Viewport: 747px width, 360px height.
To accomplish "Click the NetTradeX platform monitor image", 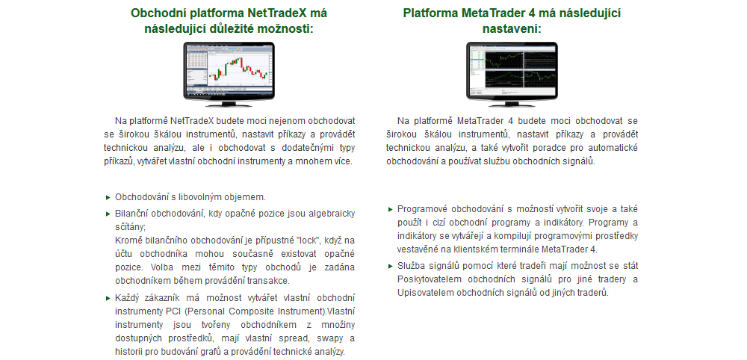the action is coord(229,74).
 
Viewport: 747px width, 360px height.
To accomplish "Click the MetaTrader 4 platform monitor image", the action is coord(512,74).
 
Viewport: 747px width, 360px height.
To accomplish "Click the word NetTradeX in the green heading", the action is coord(273,13).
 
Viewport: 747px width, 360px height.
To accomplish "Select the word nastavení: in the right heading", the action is coord(512,29).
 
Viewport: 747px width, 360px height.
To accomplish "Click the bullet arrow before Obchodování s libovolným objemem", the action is coord(108,197).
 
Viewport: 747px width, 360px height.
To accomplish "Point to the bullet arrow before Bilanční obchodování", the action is coord(108,214).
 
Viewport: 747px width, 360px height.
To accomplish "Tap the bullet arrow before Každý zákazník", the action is coord(108,299).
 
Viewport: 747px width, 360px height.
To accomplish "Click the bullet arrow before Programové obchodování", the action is coord(390,209).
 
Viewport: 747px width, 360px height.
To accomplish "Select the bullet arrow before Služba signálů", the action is coord(390,266).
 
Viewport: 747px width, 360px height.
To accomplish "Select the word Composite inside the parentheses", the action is coord(242,312).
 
